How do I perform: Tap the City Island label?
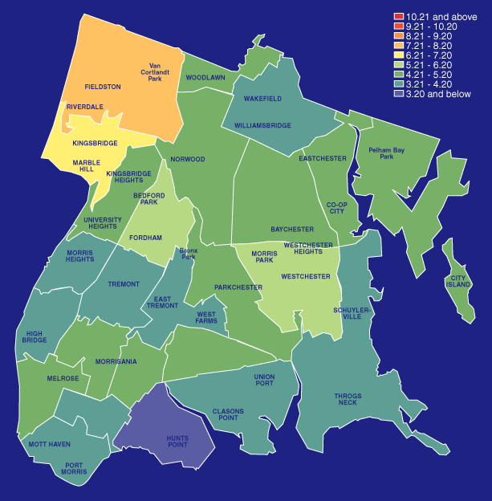click(457, 281)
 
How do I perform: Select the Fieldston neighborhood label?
click(102, 86)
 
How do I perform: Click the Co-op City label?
click(336, 208)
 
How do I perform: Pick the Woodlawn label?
click(205, 78)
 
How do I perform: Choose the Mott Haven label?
click(49, 444)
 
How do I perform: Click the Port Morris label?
click(75, 468)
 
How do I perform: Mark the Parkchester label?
click(238, 287)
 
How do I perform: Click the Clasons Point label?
click(228, 415)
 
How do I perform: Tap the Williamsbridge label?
click(262, 126)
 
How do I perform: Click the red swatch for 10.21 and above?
click(398, 16)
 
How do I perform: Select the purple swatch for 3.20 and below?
click(398, 93)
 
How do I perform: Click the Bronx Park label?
click(189, 254)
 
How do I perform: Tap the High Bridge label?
click(35, 336)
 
